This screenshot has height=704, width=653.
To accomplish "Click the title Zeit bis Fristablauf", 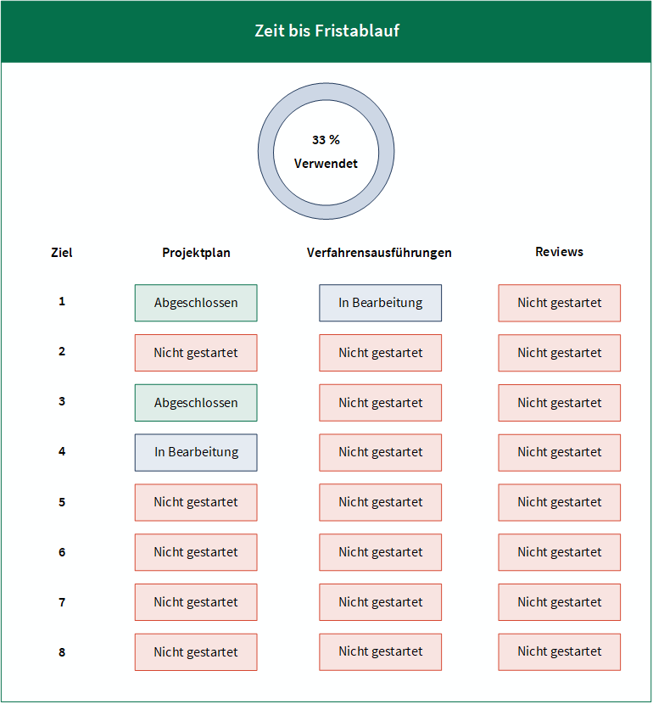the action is [x=326, y=31].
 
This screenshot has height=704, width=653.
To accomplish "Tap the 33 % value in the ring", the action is [x=326, y=140].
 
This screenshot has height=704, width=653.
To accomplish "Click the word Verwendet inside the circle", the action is [x=326, y=164].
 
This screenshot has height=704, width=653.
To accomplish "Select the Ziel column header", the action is [x=62, y=252].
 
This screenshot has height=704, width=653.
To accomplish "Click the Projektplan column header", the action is [x=196, y=252].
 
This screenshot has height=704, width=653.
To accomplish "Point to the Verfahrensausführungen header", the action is [x=379, y=252].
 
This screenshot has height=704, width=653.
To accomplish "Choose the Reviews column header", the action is [x=559, y=252].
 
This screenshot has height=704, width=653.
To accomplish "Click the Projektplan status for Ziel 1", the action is [x=196, y=303].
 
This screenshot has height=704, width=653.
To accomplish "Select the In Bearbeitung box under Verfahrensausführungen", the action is [x=381, y=303].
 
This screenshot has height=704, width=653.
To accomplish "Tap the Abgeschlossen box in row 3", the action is [x=196, y=403].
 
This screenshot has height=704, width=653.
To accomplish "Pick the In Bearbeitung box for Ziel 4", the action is [x=196, y=453].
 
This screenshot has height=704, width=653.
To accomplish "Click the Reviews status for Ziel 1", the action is [x=560, y=303].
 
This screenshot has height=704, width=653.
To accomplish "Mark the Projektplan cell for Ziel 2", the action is [x=196, y=353].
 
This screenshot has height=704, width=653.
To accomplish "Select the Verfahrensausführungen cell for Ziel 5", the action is [x=381, y=502].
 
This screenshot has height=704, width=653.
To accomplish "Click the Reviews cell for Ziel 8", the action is [x=560, y=652].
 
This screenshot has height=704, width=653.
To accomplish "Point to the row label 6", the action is [x=62, y=552].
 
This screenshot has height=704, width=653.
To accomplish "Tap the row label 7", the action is [x=62, y=602].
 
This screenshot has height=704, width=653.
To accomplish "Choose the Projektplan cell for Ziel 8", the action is [x=196, y=652].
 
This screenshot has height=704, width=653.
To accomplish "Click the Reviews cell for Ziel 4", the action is [x=560, y=453].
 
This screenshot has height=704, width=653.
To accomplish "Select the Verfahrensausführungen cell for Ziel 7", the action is [x=381, y=602].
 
